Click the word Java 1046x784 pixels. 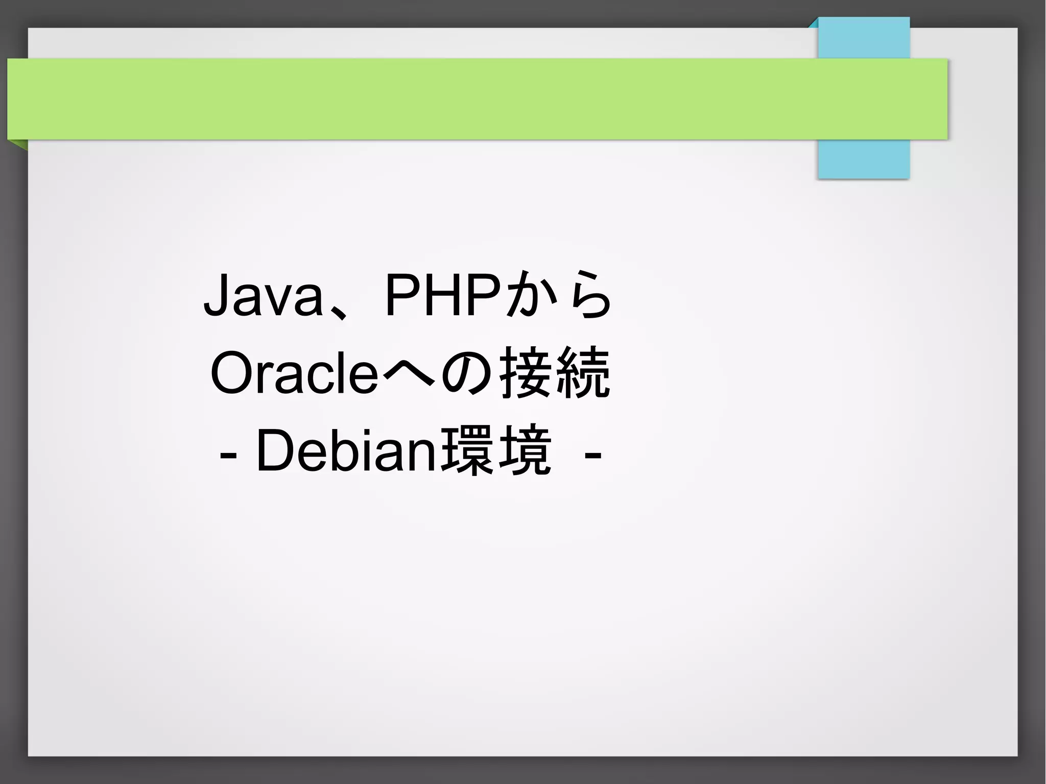point(264,295)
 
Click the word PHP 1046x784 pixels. point(442,295)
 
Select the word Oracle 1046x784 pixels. point(294,373)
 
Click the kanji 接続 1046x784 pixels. point(555,372)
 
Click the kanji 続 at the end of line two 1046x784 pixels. point(583,372)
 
